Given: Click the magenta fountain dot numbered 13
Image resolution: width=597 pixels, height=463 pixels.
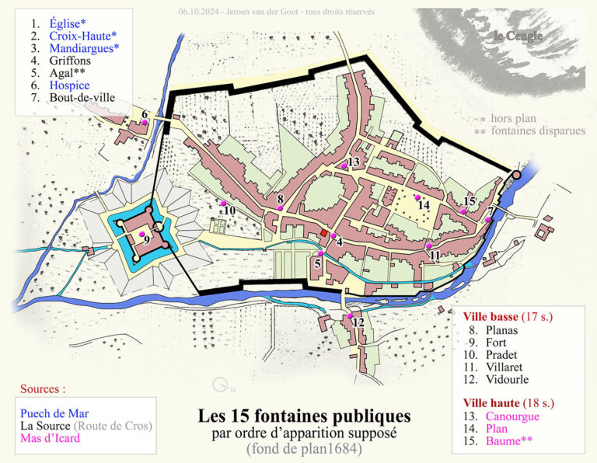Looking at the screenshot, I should click(344, 166).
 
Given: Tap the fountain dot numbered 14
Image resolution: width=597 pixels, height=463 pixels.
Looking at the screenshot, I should click(417, 198).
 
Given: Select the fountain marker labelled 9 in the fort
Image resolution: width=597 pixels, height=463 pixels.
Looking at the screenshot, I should click(141, 233).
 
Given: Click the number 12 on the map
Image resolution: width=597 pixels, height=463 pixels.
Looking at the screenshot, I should click(358, 322).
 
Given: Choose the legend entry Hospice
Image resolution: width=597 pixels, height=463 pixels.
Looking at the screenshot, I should click(69, 85).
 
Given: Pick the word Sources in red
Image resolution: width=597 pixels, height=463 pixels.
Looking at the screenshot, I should click(43, 388).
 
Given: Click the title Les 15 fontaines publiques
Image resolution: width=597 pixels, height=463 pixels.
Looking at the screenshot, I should click(304, 417).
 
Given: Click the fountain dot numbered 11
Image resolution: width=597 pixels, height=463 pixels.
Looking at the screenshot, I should click(429, 245).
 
